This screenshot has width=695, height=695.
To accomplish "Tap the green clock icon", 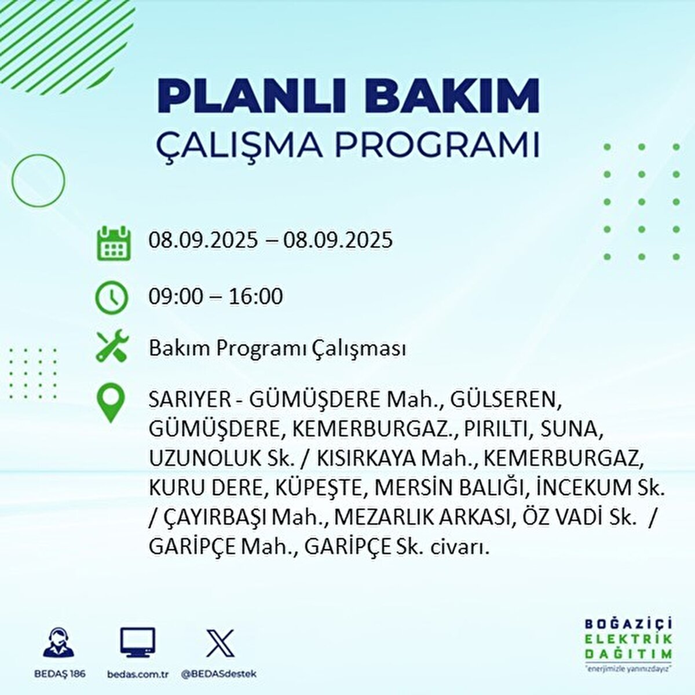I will pyautogui.click(x=111, y=298).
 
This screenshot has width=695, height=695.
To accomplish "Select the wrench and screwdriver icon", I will pyautogui.click(x=111, y=348).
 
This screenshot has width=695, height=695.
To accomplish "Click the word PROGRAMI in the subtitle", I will pyautogui.click(x=438, y=145).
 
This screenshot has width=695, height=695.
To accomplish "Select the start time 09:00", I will pyautogui.click(x=176, y=297).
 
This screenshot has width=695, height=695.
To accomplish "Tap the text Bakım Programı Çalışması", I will pyautogui.click(x=277, y=349).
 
